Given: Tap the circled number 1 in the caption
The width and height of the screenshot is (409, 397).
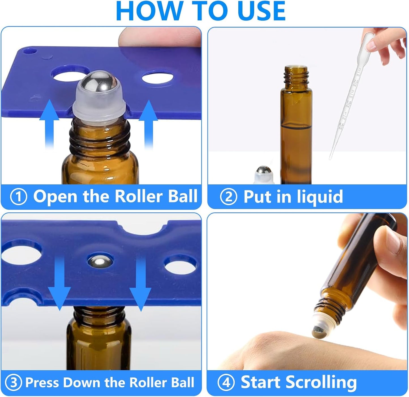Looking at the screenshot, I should pyautogui.click(x=19, y=197).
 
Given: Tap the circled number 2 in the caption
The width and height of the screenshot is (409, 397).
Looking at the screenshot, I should pyautogui.click(x=228, y=197).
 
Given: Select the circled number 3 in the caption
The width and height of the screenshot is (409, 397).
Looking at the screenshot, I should pyautogui.click(x=13, y=383).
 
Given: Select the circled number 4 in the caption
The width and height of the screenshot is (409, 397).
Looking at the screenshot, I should pyautogui.click(x=226, y=383).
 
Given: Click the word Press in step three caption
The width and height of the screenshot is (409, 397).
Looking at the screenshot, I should pyautogui.click(x=42, y=383).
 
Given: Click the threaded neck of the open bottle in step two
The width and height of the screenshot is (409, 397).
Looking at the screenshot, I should pyautogui.click(x=295, y=75).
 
